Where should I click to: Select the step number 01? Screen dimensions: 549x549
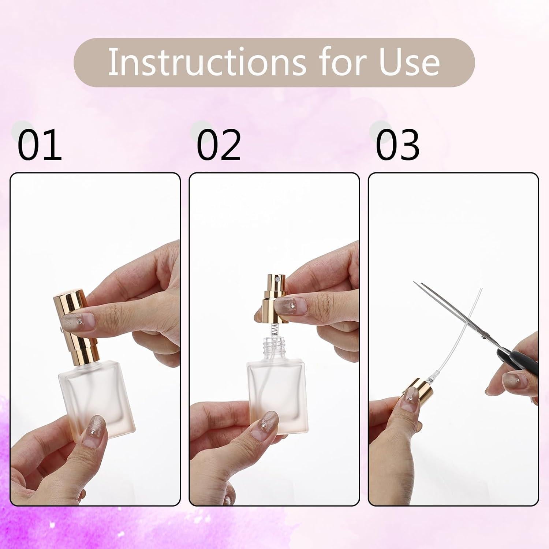click(x=40, y=145)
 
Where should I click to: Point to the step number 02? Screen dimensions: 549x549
click(x=219, y=145)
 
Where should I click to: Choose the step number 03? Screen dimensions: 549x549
click(x=397, y=145)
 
